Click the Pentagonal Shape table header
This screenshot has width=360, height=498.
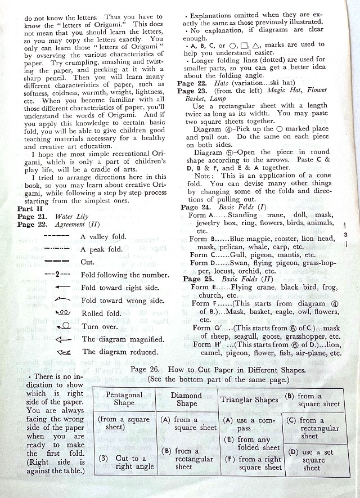[x=124, y=399]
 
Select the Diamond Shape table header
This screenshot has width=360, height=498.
[x=187, y=399]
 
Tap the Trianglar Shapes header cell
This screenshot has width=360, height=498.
[x=249, y=400]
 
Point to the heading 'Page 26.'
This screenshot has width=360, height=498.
[x=146, y=370]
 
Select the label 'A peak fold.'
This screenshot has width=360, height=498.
[x=101, y=249]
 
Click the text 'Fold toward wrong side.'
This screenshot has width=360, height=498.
[x=123, y=300]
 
